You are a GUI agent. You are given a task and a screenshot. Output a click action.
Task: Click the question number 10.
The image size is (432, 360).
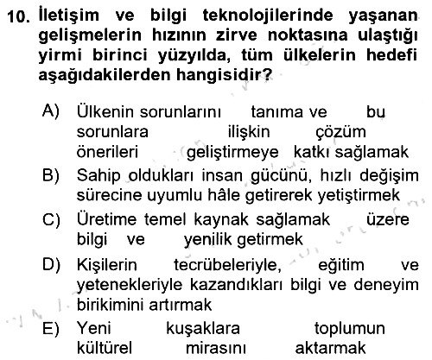[18, 16]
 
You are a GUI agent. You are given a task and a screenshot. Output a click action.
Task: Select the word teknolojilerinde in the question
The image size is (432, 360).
[268, 16]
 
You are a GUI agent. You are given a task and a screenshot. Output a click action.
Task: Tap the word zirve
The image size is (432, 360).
[233, 35]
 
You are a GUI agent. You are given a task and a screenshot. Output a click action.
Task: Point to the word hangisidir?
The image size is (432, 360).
[224, 74]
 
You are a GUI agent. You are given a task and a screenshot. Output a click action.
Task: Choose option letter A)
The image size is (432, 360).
[51, 111]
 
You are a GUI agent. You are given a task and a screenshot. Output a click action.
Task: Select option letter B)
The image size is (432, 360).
[51, 174]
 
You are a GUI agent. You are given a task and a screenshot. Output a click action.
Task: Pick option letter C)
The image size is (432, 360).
[51, 220]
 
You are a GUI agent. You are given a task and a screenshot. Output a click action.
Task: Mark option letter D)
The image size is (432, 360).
[51, 264]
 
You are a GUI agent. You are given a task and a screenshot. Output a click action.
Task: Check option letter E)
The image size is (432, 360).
[51, 328]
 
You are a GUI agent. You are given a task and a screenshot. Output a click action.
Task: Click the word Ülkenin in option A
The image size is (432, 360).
[105, 111]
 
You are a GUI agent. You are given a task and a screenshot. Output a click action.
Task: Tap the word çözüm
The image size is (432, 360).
[341, 132]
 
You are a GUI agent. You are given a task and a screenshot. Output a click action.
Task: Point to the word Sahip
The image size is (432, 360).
[98, 175]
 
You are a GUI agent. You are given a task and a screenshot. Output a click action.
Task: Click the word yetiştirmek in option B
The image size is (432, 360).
[359, 195]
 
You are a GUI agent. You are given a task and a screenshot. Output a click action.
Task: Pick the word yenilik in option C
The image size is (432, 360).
[207, 239]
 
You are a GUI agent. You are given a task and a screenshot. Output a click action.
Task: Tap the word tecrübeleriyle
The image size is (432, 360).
[227, 265]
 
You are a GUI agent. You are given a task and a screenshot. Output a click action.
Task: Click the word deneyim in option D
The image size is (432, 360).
[386, 285]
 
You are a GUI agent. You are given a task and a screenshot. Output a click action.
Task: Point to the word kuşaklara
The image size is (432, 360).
[203, 328]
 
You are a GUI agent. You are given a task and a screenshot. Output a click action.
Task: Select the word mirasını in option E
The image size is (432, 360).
[216, 348]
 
